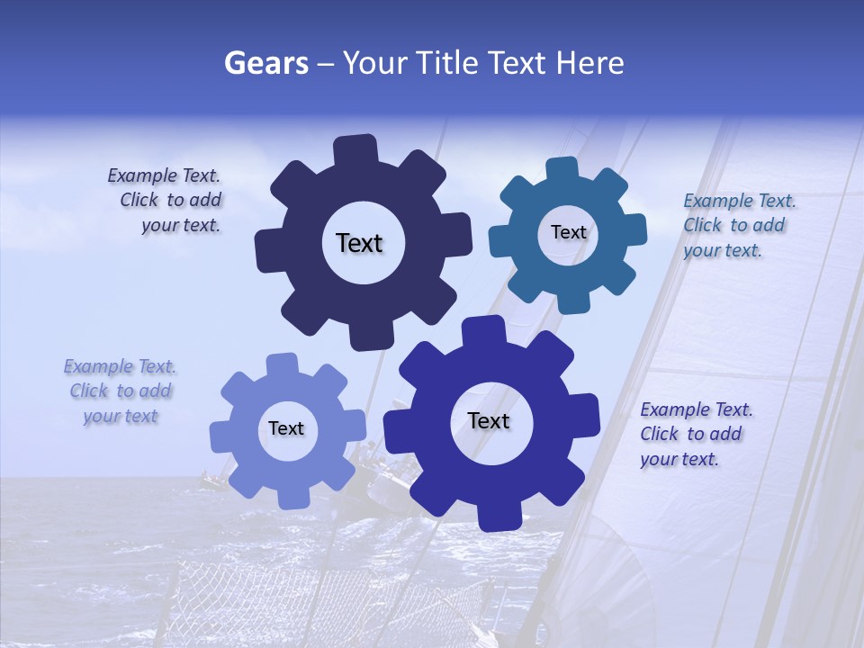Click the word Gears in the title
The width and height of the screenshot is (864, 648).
(265, 63)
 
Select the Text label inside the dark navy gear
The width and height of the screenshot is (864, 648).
(359, 243)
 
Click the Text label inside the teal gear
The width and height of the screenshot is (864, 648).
(568, 232)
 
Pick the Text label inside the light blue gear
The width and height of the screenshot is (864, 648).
(286, 428)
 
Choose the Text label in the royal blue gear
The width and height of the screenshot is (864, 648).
(489, 420)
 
